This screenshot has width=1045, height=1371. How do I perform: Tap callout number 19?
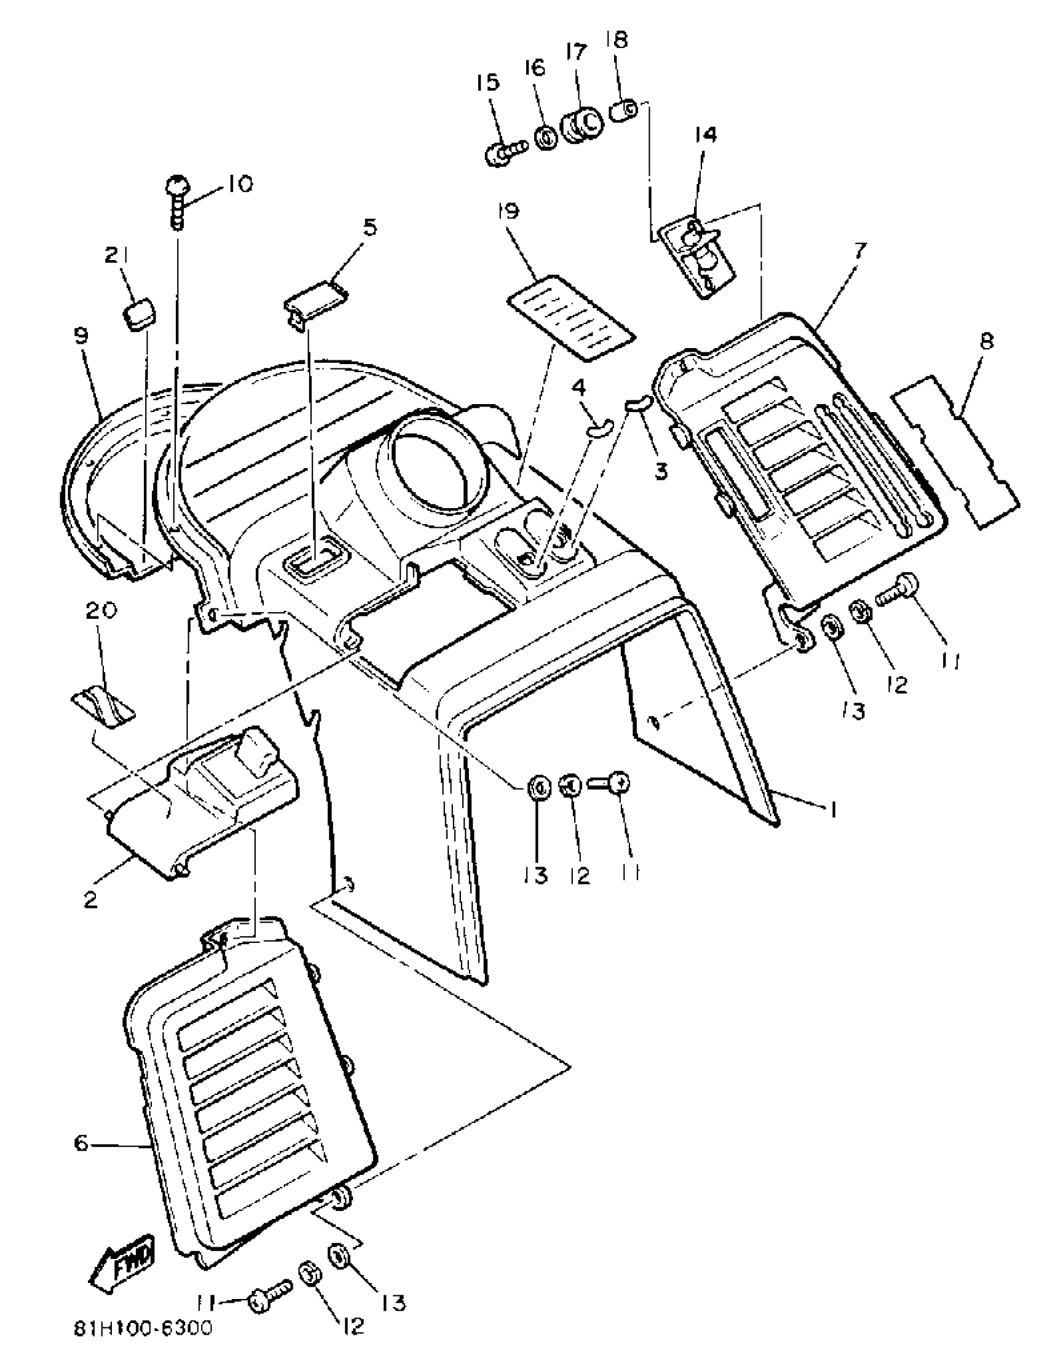[x=508, y=212]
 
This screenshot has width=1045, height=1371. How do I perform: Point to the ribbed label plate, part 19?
[x=571, y=318]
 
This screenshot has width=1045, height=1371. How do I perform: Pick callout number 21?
[x=116, y=255]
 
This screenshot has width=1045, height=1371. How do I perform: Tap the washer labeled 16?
[x=546, y=138]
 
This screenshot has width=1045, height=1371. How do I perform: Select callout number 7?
[x=859, y=251]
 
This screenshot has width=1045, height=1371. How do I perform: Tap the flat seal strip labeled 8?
[x=955, y=451]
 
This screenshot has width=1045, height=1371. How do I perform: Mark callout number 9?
[x=81, y=336]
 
